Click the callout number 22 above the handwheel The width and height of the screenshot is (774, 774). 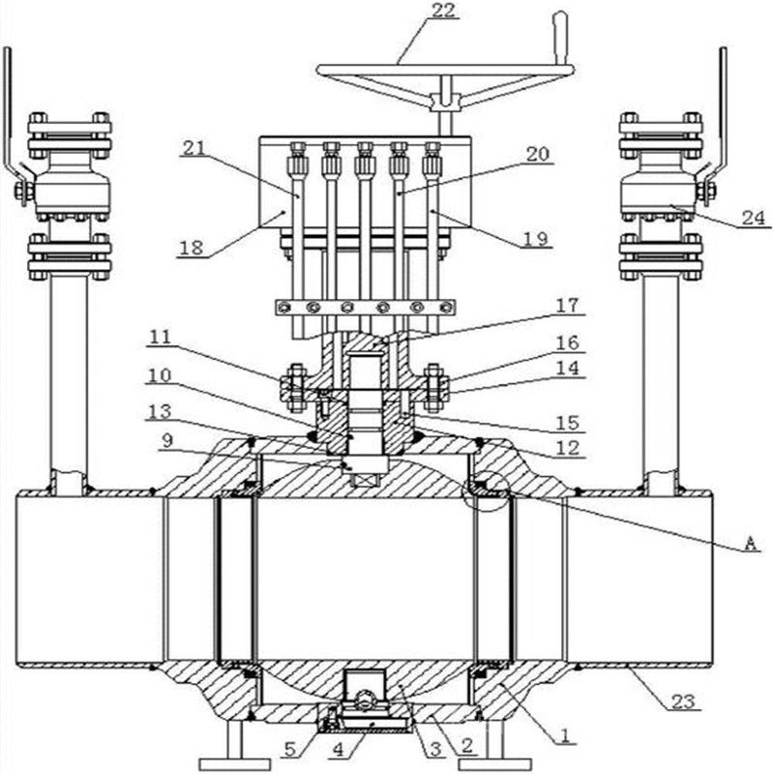pos(443,11)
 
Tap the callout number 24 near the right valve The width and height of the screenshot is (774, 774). pos(754,218)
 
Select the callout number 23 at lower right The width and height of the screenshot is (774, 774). pos(684,700)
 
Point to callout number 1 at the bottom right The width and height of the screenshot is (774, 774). pos(565,735)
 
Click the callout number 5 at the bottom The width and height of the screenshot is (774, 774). pos(290,749)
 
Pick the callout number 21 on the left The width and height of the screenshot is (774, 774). pos(194,148)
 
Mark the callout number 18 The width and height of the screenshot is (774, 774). pos(191,248)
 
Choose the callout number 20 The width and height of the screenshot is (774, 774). pos(538,155)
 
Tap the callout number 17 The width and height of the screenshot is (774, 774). pos(567,306)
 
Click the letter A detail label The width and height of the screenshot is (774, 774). pos(750,544)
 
